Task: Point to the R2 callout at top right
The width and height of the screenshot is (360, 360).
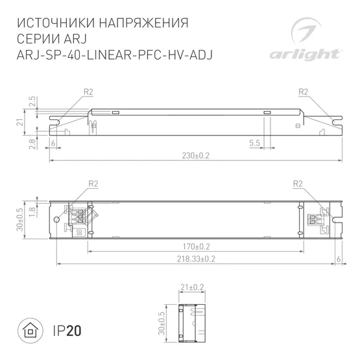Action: click(303, 91)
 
